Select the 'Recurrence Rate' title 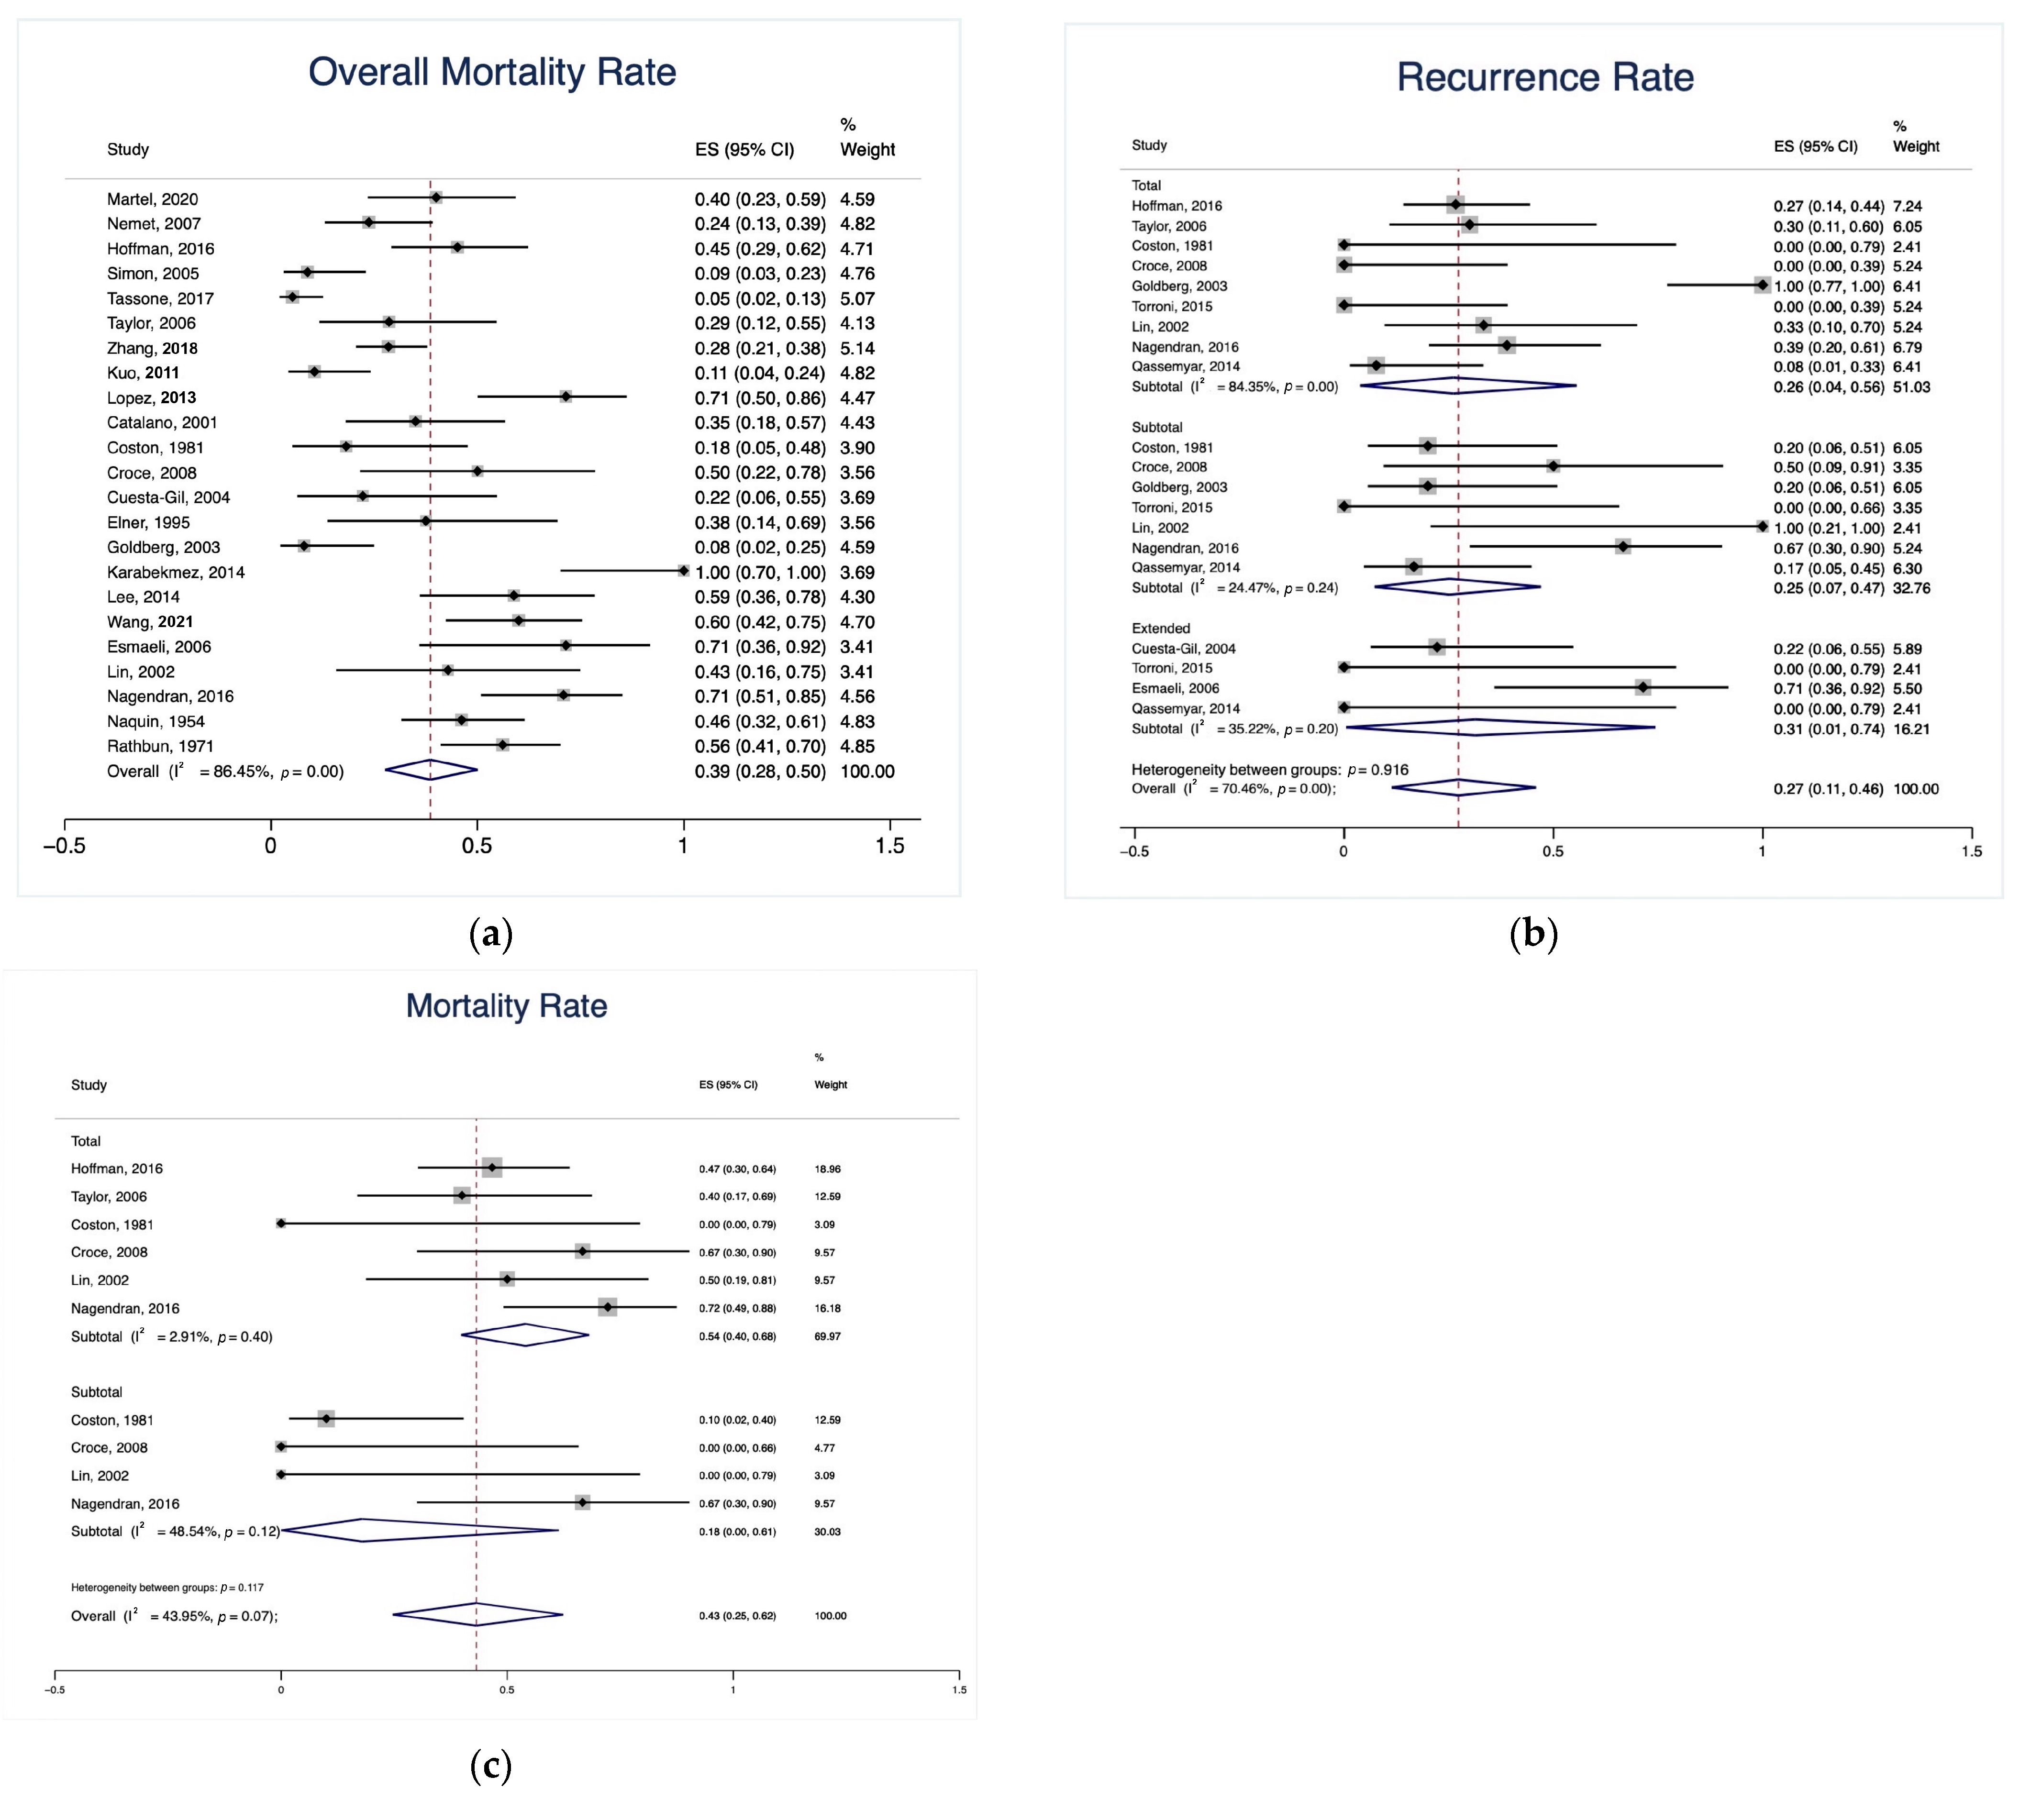pos(1544,77)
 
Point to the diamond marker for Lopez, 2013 pos(565,396)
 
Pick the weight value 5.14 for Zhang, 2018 pos(857,348)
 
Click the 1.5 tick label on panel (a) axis pos(889,846)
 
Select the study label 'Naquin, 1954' pos(155,721)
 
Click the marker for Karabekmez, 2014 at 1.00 pos(683,571)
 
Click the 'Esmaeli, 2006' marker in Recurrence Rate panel pos(1643,688)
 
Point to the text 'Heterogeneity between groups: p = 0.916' pos(1270,770)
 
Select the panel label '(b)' pos(1533,934)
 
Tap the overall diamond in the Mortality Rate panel pos(477,1615)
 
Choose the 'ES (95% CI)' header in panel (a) pos(744,149)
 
